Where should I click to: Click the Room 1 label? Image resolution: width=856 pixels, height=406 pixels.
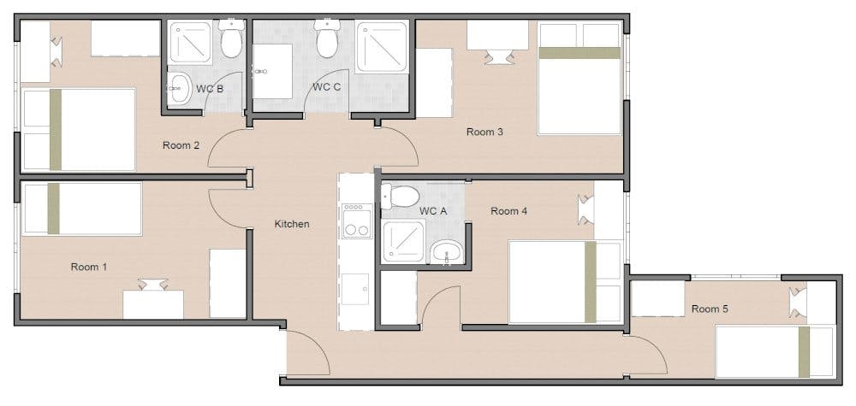pos(89,267)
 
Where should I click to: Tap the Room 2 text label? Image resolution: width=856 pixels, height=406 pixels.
pos(181,145)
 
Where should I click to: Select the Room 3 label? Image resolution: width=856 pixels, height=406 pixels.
pos(484,132)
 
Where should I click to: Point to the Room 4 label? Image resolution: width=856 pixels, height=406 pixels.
pos(508,211)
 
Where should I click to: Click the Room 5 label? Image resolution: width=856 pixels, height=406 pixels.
pos(710,309)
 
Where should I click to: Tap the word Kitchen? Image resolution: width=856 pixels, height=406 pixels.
pos(292,224)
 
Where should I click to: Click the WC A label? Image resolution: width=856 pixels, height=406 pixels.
pos(433,211)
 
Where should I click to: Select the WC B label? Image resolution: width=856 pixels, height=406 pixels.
pos(210,90)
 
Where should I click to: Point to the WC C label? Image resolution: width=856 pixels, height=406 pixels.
pos(327,86)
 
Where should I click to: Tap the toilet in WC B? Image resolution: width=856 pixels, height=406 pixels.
pos(231,38)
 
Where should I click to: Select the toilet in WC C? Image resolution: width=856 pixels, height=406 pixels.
pos(327,38)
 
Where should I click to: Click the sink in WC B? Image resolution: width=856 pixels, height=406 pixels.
pos(179,89)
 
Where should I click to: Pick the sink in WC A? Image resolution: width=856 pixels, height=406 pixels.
pos(447,252)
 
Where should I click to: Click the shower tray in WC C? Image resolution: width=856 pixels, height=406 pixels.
pos(382,47)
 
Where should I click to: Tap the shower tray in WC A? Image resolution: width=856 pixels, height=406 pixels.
pos(403,241)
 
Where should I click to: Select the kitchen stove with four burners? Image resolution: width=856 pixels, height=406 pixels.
pos(357,221)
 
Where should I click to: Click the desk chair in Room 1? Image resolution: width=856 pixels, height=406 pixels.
pos(153,284)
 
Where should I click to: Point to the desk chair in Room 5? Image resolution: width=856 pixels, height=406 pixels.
pos(798,303)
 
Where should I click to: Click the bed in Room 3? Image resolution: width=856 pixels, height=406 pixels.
pos(580,78)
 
